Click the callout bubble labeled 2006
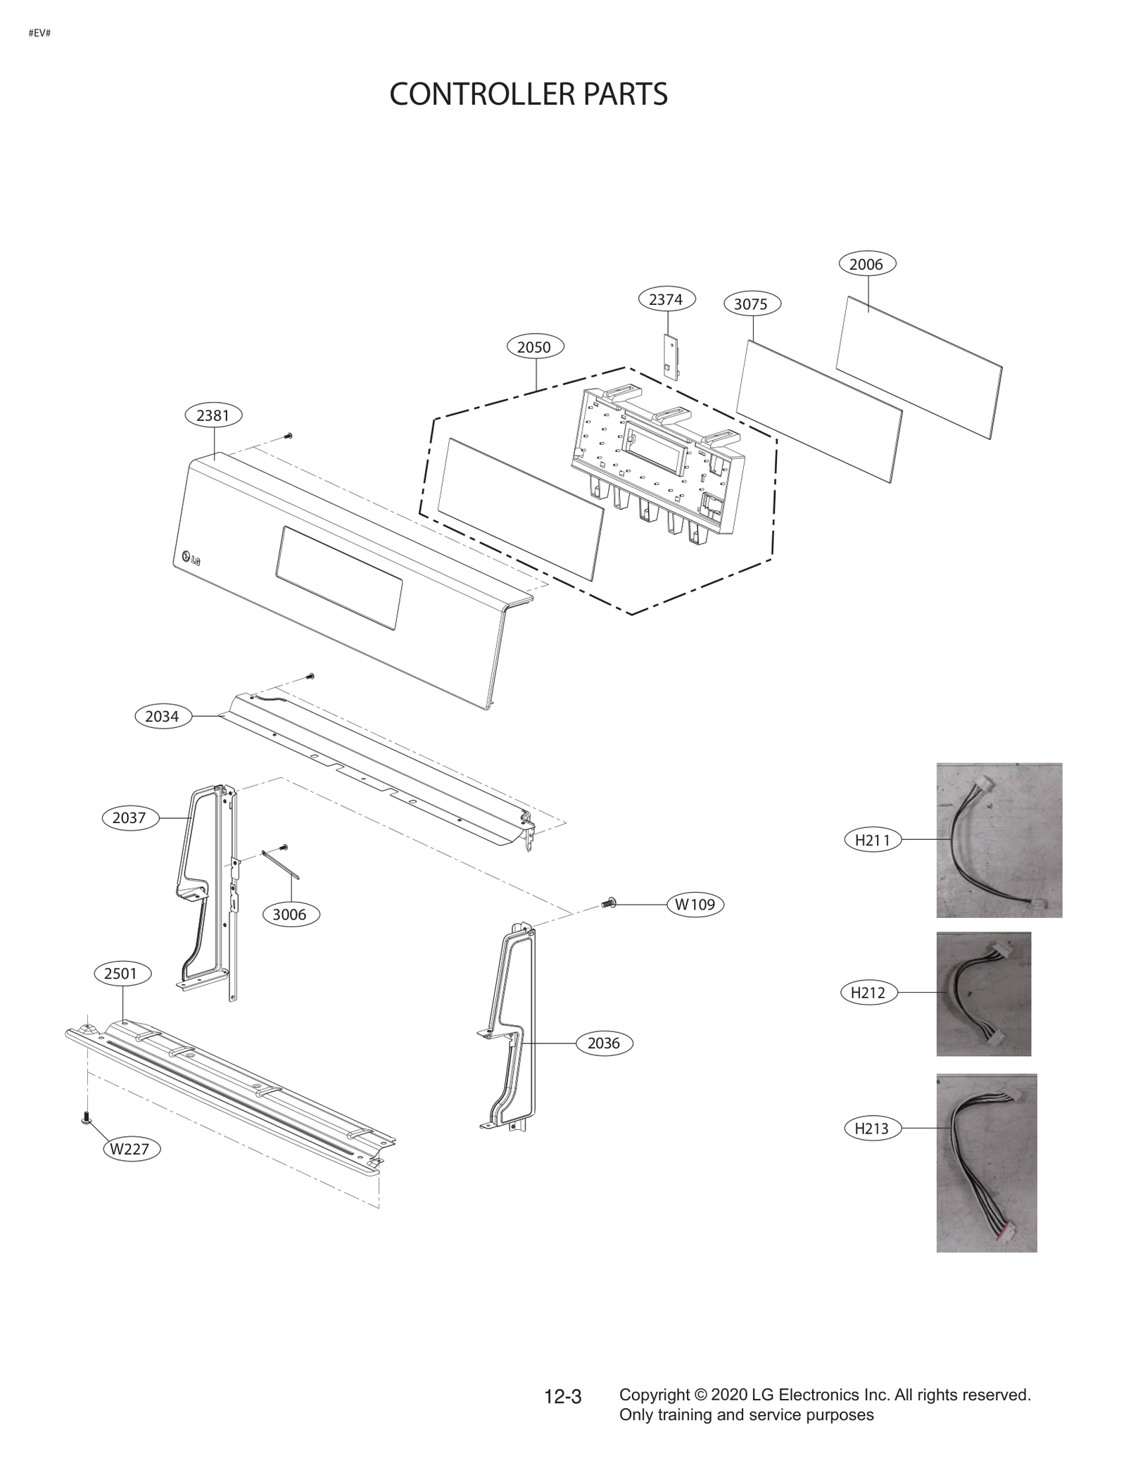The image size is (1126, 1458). tap(866, 265)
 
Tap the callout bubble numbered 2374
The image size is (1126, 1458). tap(666, 300)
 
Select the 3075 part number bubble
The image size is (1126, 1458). tap(751, 304)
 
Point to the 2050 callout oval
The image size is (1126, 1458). tap(534, 347)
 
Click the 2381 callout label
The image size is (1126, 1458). tap(213, 415)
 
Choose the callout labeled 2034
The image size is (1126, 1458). tap(162, 717)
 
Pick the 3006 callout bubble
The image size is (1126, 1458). tap(290, 915)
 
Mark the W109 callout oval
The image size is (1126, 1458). tap(695, 905)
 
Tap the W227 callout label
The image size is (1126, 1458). tap(130, 1149)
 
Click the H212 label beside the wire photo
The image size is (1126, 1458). tap(868, 993)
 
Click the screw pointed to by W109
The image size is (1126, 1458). tap(609, 903)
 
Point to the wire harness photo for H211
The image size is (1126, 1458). tap(999, 840)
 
